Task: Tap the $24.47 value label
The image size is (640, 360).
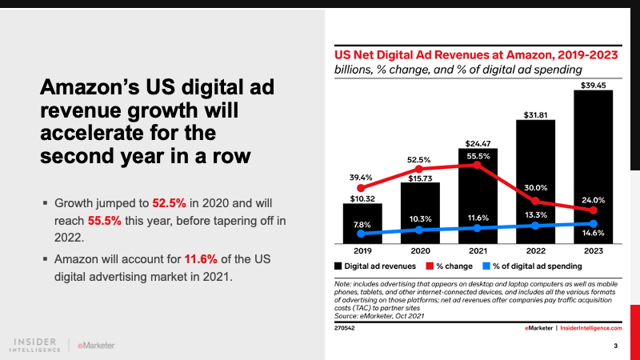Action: click(x=478, y=142)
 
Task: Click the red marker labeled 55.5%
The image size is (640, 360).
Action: click(x=478, y=166)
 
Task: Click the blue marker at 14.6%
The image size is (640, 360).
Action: click(x=592, y=223)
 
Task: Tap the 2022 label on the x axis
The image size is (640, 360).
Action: click(x=534, y=249)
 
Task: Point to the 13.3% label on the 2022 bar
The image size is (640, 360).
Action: click(x=534, y=214)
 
